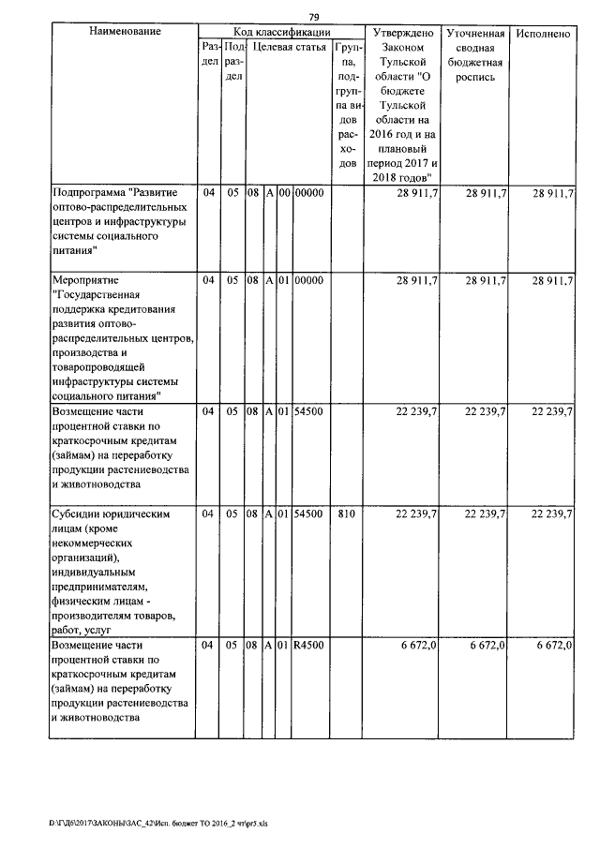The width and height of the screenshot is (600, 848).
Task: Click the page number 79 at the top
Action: coord(315,16)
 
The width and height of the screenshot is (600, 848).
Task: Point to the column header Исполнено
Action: coord(543,33)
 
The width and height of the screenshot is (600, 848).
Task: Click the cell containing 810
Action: coord(347,513)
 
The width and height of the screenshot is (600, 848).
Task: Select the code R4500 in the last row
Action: coord(308,647)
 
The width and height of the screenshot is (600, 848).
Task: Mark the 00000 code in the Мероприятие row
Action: coord(308,280)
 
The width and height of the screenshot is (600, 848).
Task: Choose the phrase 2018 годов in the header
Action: coord(403,176)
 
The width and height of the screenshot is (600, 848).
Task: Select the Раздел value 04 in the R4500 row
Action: coord(209,647)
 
